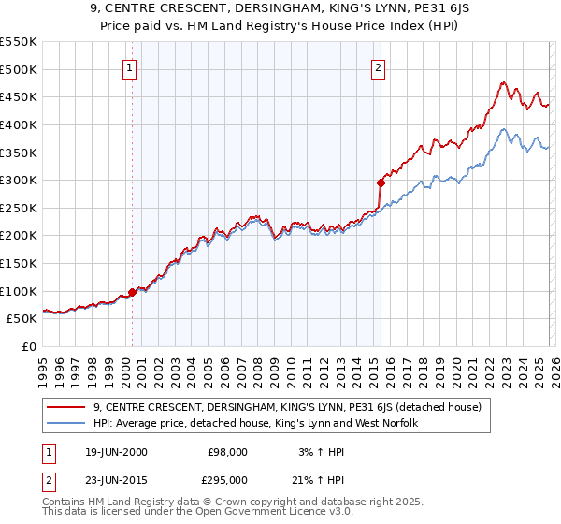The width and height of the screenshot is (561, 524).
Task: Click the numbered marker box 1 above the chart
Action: click(x=129, y=67)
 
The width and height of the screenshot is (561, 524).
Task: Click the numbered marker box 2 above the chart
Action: click(x=378, y=67)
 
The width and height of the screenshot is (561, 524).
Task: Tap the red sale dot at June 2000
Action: click(x=132, y=292)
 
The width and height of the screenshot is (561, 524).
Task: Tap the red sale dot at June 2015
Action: click(x=380, y=182)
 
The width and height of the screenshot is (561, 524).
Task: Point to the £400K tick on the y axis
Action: click(x=19, y=124)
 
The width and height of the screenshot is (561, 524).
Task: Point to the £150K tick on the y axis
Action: click(x=19, y=263)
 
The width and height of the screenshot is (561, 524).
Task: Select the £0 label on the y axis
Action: click(x=28, y=346)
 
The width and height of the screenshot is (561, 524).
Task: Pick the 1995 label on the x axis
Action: click(x=42, y=370)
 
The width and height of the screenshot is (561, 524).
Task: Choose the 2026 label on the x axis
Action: click(x=554, y=370)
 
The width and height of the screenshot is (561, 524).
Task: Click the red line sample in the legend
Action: click(x=66, y=408)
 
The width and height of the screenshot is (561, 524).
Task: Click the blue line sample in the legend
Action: click(x=66, y=424)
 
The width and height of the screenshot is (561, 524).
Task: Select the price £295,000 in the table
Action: click(x=226, y=479)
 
